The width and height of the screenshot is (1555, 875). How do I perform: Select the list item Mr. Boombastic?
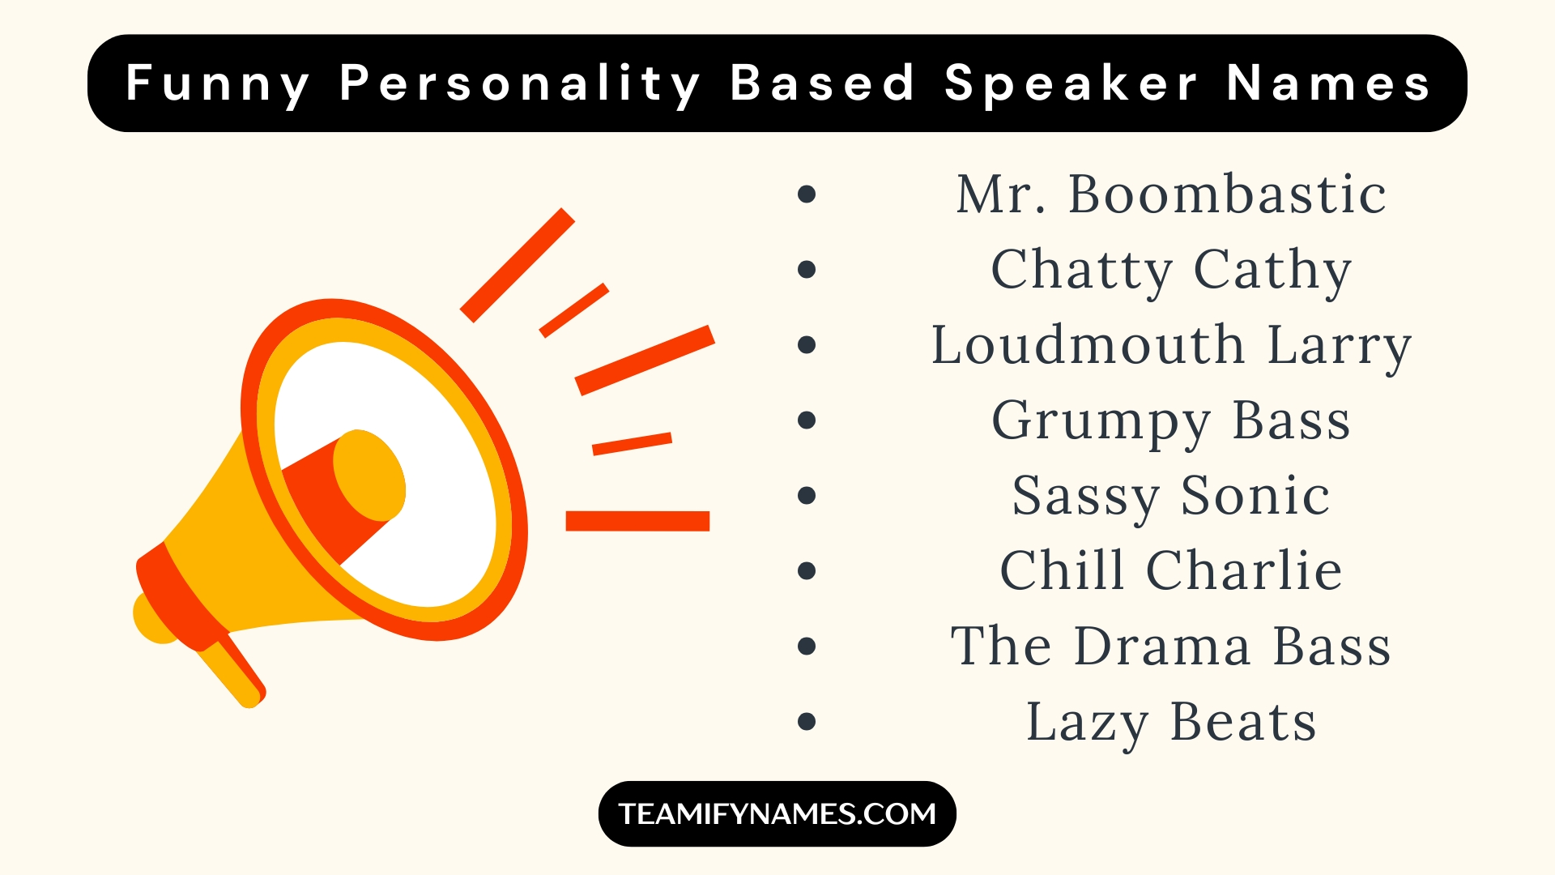(x=1171, y=194)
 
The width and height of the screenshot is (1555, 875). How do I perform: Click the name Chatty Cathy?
(x=1171, y=271)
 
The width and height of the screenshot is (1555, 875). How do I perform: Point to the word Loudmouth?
(x=1088, y=344)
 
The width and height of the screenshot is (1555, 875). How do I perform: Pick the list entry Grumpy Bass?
(x=1171, y=421)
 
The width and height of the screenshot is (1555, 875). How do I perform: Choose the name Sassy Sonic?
(x=1171, y=497)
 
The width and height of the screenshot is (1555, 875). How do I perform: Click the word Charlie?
(x=1244, y=570)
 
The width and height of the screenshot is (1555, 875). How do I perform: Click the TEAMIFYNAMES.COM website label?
(x=777, y=813)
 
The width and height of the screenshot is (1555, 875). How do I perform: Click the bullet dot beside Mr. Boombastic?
(x=807, y=194)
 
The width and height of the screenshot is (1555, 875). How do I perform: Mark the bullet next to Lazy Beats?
(x=807, y=721)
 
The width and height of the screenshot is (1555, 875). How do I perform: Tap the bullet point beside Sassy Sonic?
(x=807, y=495)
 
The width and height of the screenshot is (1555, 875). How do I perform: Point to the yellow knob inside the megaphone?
(x=369, y=476)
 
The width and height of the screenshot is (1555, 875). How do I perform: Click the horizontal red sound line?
(x=637, y=521)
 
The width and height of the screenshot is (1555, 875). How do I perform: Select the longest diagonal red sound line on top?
(x=518, y=265)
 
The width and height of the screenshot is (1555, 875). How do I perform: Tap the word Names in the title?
(x=1328, y=84)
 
